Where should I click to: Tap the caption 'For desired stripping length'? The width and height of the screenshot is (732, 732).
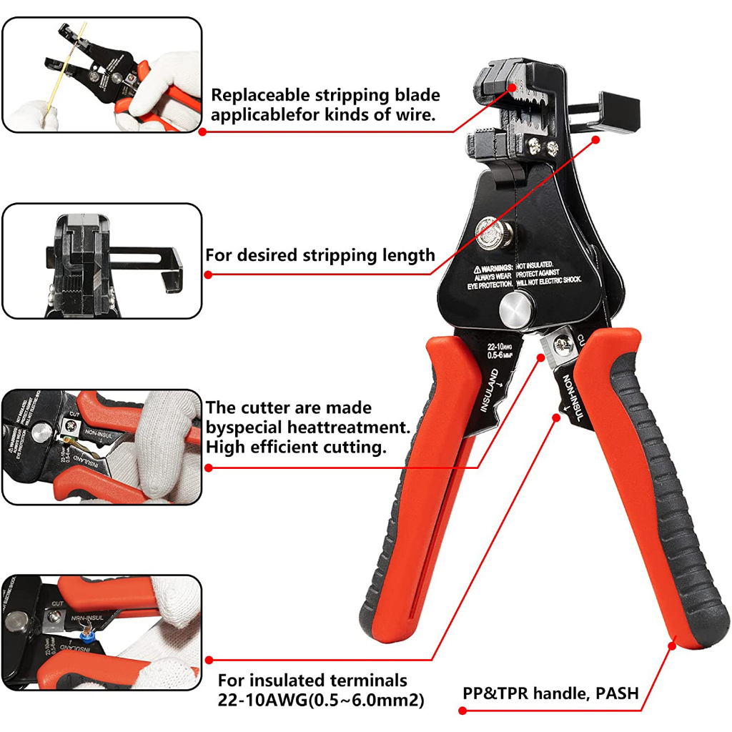click(x=320, y=255)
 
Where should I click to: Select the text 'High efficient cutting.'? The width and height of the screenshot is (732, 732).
click(x=296, y=447)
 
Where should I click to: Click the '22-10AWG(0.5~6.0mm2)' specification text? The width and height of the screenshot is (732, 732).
click(x=321, y=701)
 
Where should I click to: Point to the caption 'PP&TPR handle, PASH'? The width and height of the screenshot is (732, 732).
click(x=550, y=693)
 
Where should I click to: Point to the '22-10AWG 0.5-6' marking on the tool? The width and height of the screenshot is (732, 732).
click(x=503, y=351)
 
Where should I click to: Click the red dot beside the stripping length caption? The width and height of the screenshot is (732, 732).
click(x=208, y=274)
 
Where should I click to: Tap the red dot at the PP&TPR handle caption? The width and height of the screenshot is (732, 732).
click(x=462, y=711)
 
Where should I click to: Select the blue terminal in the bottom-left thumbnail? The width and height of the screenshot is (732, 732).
click(x=88, y=633)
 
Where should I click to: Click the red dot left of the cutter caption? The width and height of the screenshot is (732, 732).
click(x=208, y=468)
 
